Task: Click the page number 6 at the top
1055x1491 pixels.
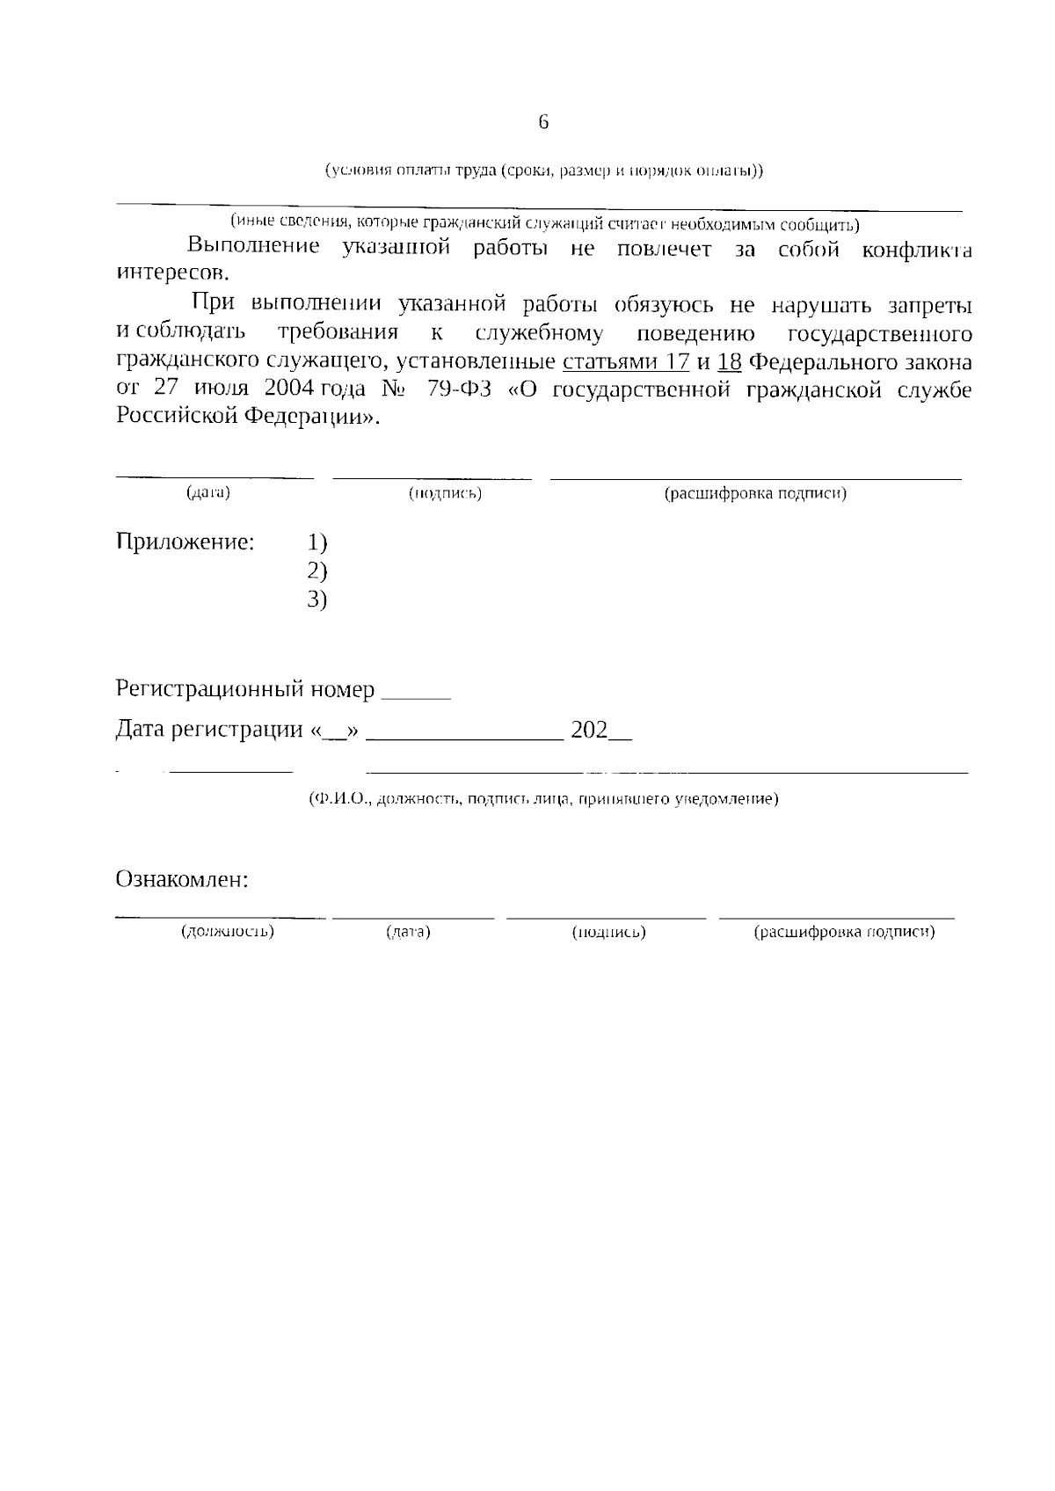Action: coord(543,122)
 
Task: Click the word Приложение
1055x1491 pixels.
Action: coord(186,542)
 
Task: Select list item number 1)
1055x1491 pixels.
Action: coord(317,542)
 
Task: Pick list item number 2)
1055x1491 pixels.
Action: coord(317,571)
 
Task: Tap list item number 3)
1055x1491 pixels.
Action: coord(317,600)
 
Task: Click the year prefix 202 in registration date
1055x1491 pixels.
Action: coord(589,730)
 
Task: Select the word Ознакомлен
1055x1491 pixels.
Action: coord(182,879)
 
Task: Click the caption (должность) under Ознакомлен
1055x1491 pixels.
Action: coord(228,931)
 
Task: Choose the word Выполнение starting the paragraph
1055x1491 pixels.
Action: coord(254,245)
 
